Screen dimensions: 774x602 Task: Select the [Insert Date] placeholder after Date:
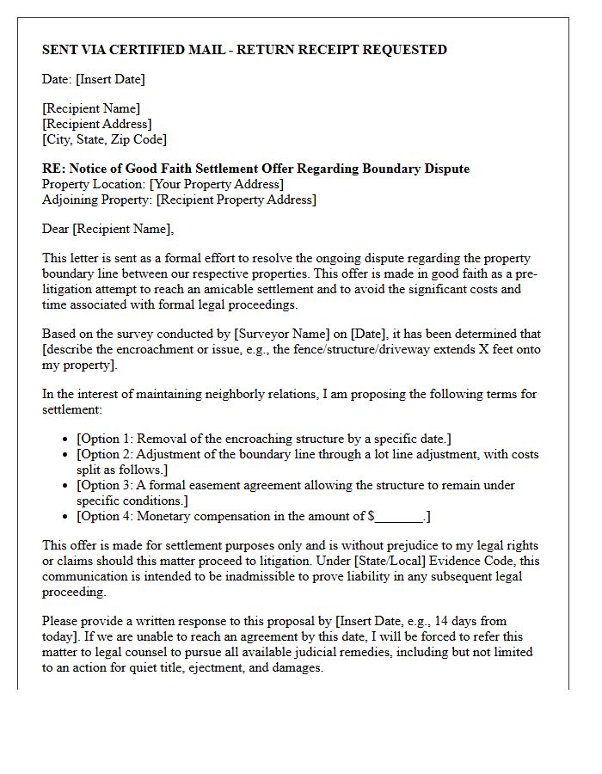click(x=110, y=79)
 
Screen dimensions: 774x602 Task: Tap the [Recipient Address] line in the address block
click(x=96, y=124)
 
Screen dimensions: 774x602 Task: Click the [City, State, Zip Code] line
click(x=104, y=139)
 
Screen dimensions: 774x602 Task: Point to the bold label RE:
click(x=53, y=169)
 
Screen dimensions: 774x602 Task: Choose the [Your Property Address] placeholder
click(x=216, y=184)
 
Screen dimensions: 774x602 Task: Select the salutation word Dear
click(x=56, y=229)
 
